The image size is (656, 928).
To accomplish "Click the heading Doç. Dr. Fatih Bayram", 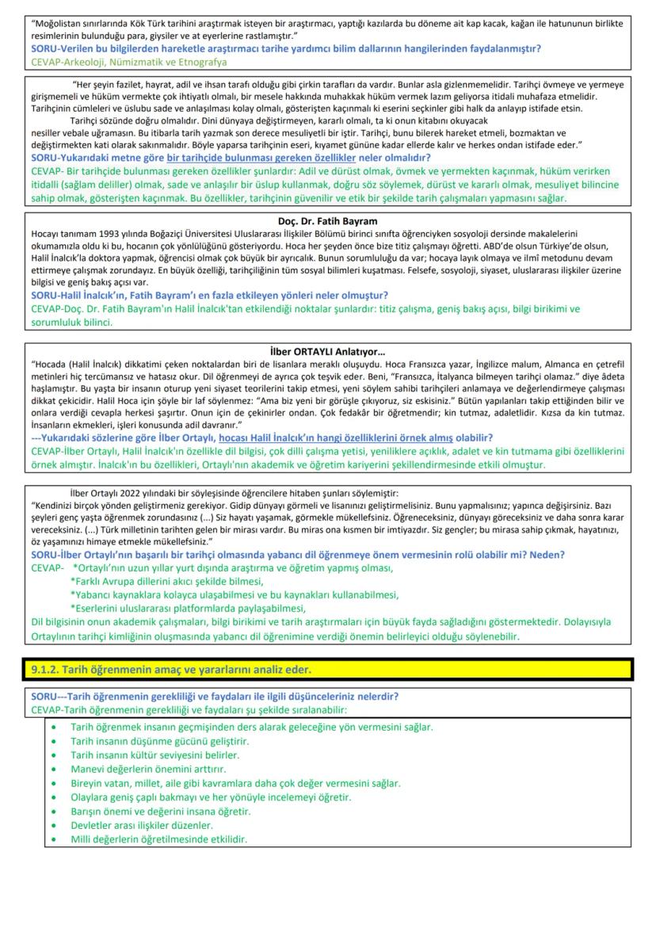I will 328,221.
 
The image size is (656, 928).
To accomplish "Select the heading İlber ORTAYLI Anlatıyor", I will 327,351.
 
